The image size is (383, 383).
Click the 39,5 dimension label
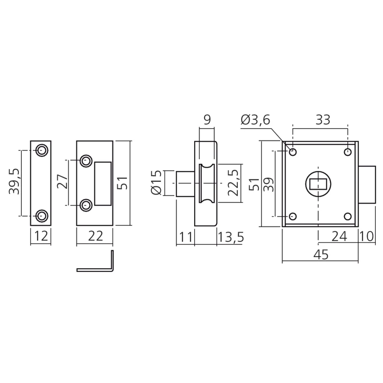[x=15, y=182]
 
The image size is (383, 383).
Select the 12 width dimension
[x=41, y=236]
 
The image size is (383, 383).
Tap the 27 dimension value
[x=62, y=182]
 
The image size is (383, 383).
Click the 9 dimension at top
[x=207, y=120]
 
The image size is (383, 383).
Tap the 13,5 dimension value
[x=231, y=237]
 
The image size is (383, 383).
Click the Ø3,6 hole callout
[x=255, y=120]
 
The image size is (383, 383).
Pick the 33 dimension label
[x=323, y=120]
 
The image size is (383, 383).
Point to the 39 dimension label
[x=268, y=183]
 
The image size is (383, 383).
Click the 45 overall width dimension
[x=320, y=255]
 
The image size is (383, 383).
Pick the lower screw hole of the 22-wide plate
[x=85, y=205]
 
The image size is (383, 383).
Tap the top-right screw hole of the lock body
[x=347, y=152]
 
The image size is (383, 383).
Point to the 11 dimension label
[x=186, y=237]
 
